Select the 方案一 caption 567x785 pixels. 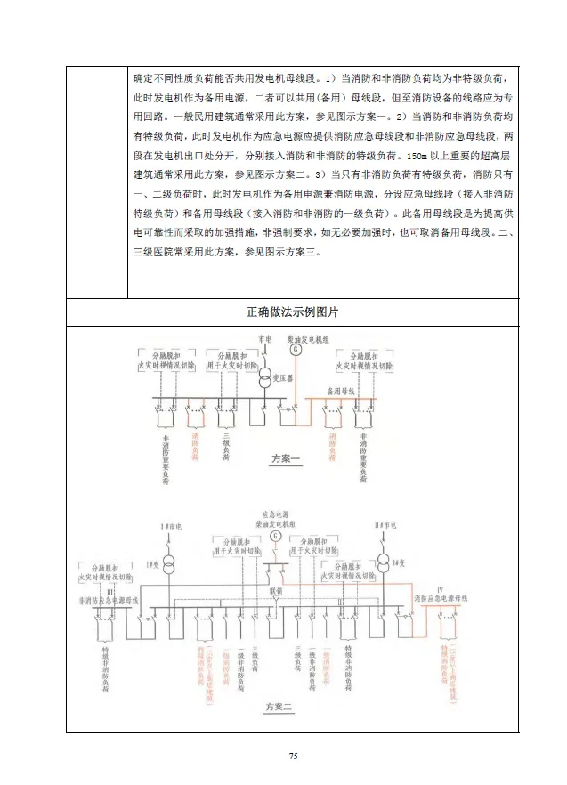pyautogui.click(x=287, y=459)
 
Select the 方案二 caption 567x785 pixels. pyautogui.click(x=279, y=708)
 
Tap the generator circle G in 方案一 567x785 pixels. pyautogui.click(x=297, y=350)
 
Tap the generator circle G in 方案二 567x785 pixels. pyautogui.click(x=276, y=538)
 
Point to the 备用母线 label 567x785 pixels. pyautogui.click(x=342, y=390)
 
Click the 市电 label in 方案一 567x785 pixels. pyautogui.click(x=264, y=339)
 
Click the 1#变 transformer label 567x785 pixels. pyautogui.click(x=151, y=565)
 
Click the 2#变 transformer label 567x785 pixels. pyautogui.click(x=406, y=565)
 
